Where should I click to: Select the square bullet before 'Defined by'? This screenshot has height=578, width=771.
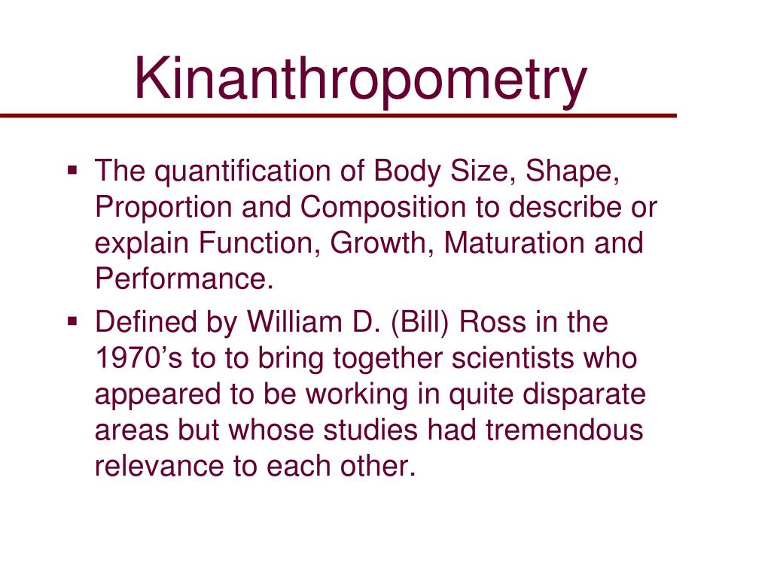72,321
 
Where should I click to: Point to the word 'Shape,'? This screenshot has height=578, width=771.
573,172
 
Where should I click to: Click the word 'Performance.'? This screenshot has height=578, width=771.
182,279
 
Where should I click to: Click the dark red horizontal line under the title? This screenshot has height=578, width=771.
338,116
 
